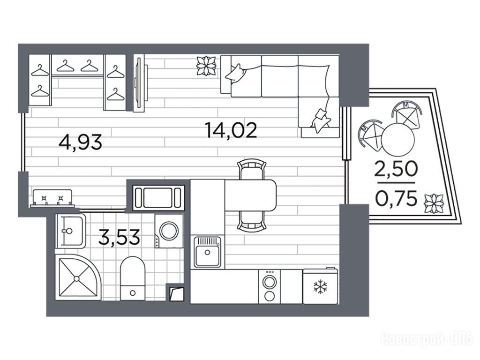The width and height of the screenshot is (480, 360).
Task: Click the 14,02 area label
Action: (231, 130)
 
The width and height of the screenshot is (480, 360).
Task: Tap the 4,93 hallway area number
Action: (80, 142)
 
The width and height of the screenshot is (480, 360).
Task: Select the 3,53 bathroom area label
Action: (120, 237)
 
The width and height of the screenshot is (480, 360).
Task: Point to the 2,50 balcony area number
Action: (396, 169)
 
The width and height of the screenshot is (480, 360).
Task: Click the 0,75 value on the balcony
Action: (396, 198)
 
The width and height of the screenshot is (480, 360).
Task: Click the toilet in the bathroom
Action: (133, 278)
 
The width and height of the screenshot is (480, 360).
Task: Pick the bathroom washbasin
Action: (70, 231)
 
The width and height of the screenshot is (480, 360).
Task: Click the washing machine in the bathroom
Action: (169, 231)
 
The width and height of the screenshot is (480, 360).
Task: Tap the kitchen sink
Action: (207, 252)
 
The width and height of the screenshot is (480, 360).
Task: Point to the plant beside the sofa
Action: (206, 66)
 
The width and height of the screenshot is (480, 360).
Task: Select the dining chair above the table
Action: (252, 169)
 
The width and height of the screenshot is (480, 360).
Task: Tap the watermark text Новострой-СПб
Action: (427, 339)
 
